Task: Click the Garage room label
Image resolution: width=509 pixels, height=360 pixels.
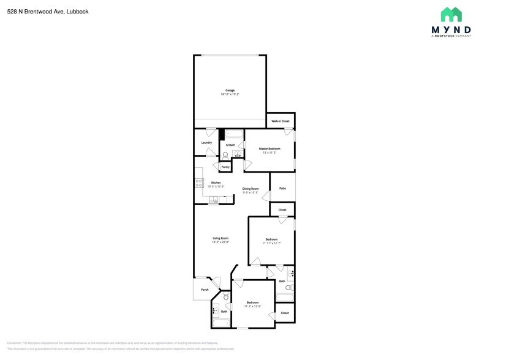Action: (x=230, y=91)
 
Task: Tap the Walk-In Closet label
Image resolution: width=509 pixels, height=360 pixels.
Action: (x=281, y=121)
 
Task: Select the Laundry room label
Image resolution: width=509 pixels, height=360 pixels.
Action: (x=206, y=143)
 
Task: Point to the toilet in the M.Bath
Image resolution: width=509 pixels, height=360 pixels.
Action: (x=225, y=155)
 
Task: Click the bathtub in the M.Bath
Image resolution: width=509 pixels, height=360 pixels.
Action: (x=234, y=133)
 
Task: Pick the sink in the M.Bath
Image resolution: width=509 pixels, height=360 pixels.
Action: (x=238, y=154)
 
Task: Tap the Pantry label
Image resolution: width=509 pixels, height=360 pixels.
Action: (x=225, y=167)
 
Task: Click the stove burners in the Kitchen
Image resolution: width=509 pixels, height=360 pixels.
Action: (x=199, y=183)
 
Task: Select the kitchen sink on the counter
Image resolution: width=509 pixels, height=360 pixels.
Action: (x=213, y=200)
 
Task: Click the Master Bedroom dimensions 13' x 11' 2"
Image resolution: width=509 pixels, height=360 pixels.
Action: (x=270, y=152)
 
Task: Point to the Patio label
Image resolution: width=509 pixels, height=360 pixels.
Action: (x=282, y=189)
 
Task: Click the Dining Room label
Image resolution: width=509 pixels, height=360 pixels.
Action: (x=251, y=189)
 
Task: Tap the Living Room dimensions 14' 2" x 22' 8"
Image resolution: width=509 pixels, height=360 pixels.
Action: (x=221, y=242)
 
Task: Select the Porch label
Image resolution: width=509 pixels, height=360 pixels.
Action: (x=205, y=290)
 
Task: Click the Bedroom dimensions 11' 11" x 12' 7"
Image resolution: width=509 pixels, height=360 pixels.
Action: (x=271, y=243)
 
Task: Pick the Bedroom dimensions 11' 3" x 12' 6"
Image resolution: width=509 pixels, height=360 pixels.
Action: (x=252, y=306)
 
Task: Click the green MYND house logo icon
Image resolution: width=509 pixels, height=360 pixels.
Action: (x=451, y=15)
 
